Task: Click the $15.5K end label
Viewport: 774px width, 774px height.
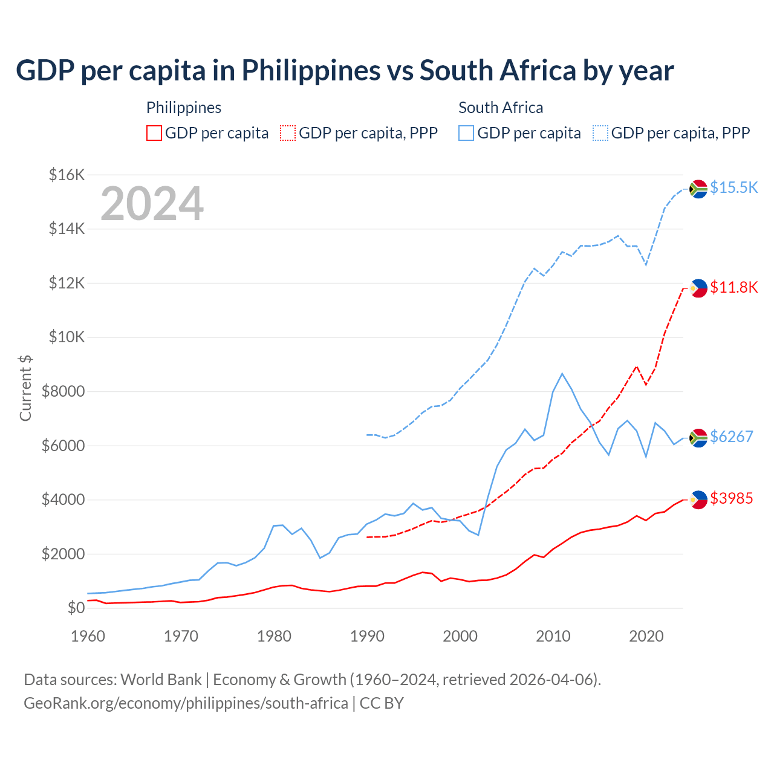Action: pos(733,187)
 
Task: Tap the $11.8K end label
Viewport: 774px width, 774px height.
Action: pos(733,287)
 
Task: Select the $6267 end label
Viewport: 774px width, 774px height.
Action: pos(731,437)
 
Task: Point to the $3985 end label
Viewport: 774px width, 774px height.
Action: pos(731,498)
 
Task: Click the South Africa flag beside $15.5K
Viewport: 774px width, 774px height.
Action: pos(698,189)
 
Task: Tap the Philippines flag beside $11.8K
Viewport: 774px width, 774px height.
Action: pos(698,288)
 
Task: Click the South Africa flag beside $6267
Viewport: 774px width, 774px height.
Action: pos(698,437)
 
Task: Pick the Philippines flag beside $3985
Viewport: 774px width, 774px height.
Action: pos(698,499)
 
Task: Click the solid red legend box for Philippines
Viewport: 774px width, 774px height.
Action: pos(154,133)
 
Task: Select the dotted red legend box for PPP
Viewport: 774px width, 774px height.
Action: pos(288,133)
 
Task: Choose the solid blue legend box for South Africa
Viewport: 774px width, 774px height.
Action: pos(466,133)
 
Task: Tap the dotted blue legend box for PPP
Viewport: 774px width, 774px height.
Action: pos(600,133)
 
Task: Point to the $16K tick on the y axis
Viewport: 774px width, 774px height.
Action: pos(67,175)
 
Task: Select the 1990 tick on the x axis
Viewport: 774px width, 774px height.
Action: pos(367,636)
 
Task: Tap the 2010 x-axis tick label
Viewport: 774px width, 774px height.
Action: pos(553,636)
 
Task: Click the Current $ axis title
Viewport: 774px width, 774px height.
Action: pos(25,388)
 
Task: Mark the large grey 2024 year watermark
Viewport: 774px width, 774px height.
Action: pos(152,204)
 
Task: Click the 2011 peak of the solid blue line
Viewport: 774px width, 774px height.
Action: pos(562,374)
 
